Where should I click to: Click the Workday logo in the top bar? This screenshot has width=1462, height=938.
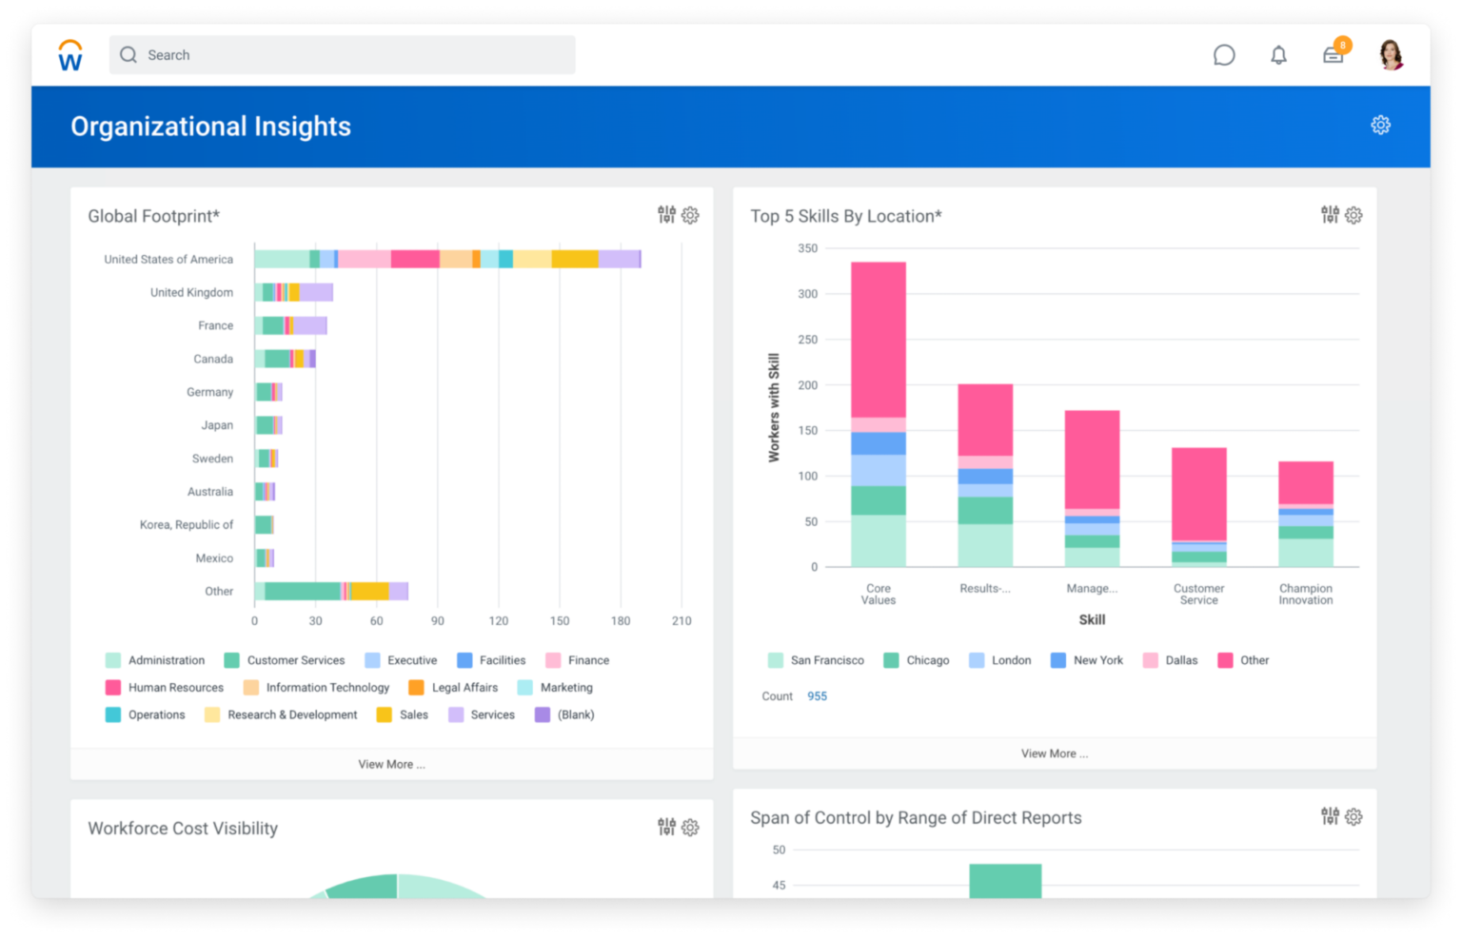tap(70, 55)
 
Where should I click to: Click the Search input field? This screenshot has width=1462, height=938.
tap(343, 55)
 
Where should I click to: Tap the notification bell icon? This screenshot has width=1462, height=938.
tap(1278, 55)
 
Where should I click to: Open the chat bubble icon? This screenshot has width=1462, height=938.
tap(1224, 55)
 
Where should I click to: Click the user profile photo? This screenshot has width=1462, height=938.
tap(1391, 55)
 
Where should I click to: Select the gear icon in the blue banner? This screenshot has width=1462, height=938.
tap(1380, 125)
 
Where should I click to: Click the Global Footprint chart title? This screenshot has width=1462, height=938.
tap(153, 216)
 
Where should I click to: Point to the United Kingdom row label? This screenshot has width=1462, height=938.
tap(191, 292)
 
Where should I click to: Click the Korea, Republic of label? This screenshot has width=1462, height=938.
tap(187, 525)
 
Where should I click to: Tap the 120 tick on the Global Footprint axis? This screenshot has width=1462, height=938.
tap(498, 620)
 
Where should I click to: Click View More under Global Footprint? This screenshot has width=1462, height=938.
tap(391, 764)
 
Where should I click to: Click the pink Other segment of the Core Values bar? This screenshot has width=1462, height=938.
tap(878, 339)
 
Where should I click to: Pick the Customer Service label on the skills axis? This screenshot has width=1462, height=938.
tap(1198, 595)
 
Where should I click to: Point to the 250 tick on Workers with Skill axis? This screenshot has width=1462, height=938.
tap(807, 340)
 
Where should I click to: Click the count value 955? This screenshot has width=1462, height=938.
tap(817, 696)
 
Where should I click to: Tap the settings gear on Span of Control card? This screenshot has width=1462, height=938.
tap(1353, 816)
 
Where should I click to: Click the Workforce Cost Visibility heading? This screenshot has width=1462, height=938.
tap(183, 829)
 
